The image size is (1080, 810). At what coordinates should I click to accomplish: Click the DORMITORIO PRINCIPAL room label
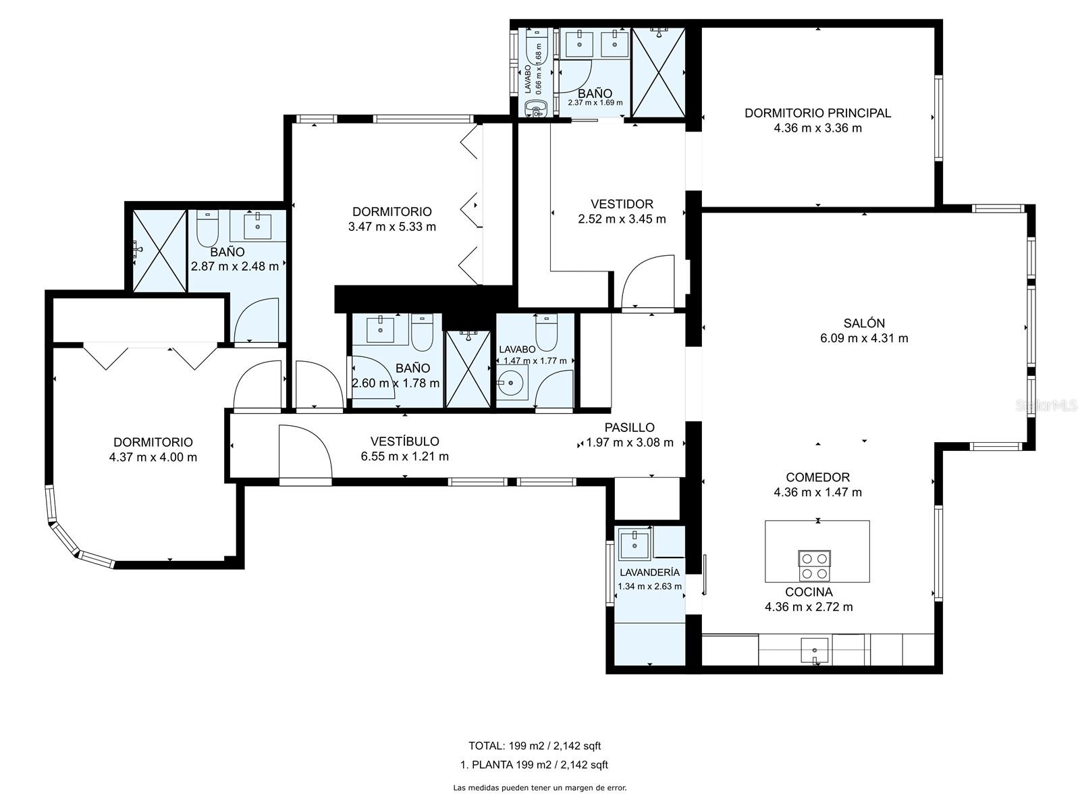coord(817,113)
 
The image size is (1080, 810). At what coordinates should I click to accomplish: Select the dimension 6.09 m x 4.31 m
coord(864,338)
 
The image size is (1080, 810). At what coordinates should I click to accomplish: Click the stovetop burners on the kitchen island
coord(814,566)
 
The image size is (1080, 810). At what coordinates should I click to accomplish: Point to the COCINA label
coord(809,592)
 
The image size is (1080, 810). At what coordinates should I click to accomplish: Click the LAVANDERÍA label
coord(649,572)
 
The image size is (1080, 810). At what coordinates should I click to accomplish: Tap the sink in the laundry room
coord(634,544)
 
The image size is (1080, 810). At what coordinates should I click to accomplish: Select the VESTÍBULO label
coord(404,441)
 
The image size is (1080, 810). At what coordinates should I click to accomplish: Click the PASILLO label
coord(629,427)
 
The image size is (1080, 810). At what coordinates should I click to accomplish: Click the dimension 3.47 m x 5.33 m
coord(392,227)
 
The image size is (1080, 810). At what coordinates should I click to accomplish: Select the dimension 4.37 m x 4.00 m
coord(153,458)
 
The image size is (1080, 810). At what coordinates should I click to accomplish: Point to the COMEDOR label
coord(817,477)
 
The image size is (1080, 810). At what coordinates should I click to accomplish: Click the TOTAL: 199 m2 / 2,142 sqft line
coord(535,746)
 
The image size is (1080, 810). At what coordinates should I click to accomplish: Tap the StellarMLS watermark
coord(1046,406)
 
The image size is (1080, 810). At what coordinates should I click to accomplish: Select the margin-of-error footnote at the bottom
coord(540,788)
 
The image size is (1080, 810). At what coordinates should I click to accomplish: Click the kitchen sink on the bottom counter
coord(814,651)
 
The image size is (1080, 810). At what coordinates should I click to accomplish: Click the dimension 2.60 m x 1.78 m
coord(396,383)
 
